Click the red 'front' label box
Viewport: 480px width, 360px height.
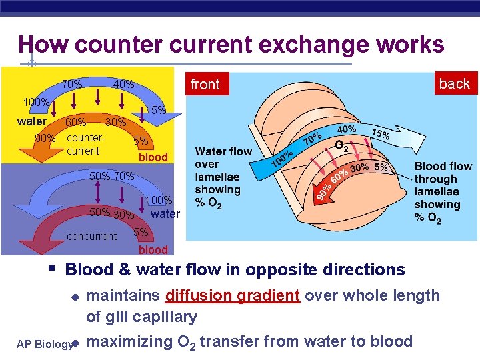205,84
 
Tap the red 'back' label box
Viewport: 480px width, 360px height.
454,83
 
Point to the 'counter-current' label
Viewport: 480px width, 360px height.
86,145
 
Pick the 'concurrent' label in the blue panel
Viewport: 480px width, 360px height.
92,236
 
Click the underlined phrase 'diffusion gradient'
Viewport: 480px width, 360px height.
233,295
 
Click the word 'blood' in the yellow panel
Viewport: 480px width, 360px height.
153,157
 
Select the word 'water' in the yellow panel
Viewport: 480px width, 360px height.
31,121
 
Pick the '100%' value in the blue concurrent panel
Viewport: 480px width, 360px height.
159,200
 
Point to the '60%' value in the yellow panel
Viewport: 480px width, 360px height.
75,122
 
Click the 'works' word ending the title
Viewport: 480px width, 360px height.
413,45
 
